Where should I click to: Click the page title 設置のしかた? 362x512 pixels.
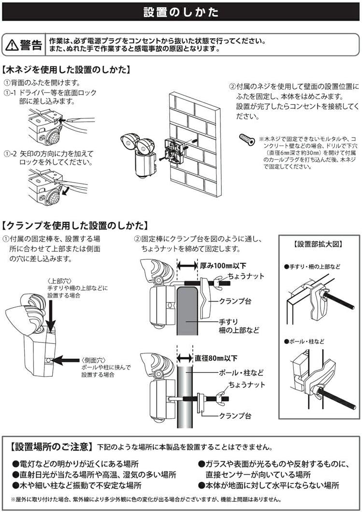point(181,12)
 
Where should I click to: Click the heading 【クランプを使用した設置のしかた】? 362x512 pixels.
point(74,226)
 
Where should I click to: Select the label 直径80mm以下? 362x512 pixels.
point(217,358)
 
